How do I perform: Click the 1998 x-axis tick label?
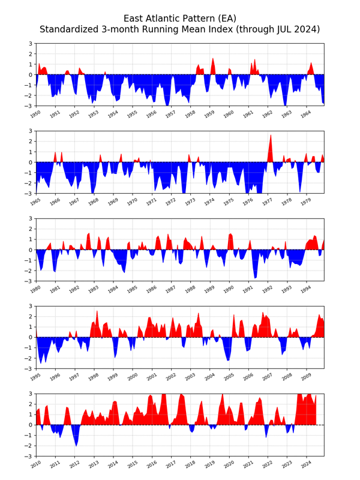[90, 376]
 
